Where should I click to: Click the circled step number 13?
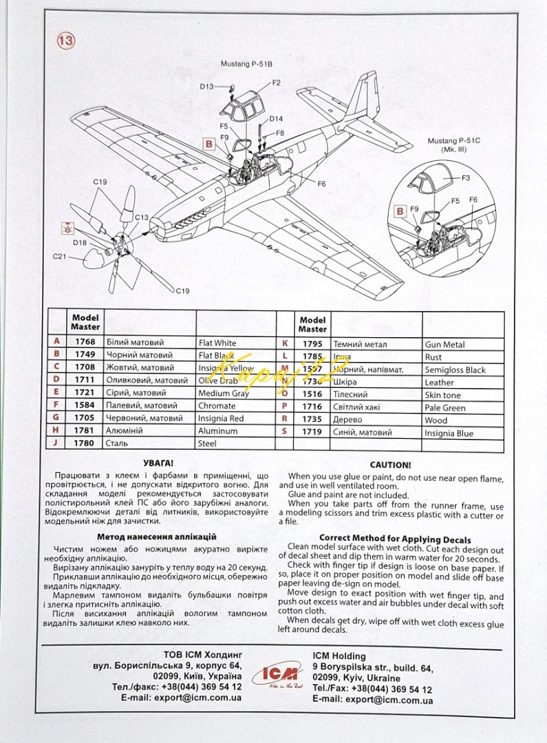[x=66, y=41]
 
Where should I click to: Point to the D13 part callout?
[x=207, y=87]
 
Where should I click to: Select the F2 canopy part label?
[x=277, y=83]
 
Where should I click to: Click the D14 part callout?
[x=277, y=118]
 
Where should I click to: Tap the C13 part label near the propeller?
[x=141, y=217]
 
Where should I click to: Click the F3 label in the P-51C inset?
[x=466, y=178]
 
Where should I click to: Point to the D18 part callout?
[x=79, y=242]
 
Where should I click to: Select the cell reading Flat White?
[x=217, y=343]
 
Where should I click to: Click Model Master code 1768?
[x=85, y=342]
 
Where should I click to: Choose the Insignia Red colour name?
[x=221, y=418]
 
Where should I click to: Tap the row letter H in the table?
[x=56, y=431]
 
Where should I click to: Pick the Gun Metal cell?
[x=444, y=344]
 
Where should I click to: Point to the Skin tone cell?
[x=442, y=395]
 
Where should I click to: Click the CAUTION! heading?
[x=390, y=465]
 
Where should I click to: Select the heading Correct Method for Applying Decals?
[x=395, y=538]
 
